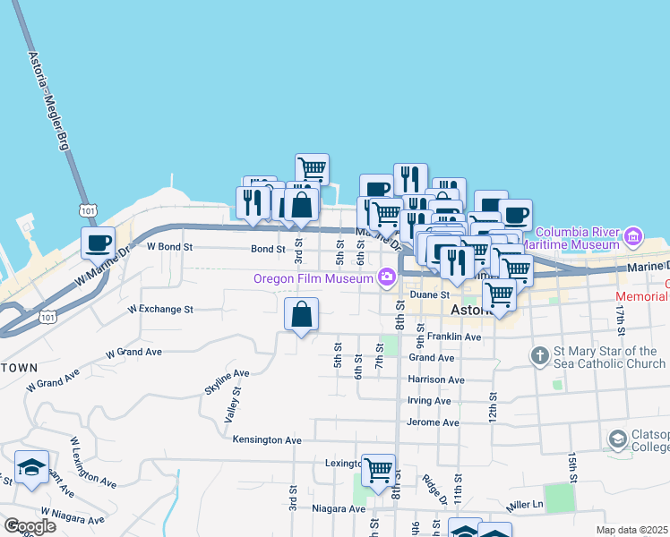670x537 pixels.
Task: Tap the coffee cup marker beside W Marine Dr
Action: point(98,242)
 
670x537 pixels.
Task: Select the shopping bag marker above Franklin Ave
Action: point(302,314)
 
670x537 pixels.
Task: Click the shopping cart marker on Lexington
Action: point(378,468)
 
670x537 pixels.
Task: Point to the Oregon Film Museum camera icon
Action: point(387,277)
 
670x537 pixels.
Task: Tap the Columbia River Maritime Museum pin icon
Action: point(634,237)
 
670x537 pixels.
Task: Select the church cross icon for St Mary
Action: point(539,357)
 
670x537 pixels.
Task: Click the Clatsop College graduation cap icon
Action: point(617,439)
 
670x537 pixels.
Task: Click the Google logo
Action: point(29,525)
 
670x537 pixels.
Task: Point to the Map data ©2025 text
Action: point(632,530)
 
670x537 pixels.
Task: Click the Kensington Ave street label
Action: point(267,440)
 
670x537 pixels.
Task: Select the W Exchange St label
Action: point(160,310)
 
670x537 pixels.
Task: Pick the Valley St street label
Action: point(233,405)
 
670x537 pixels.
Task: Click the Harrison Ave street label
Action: point(436,379)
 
